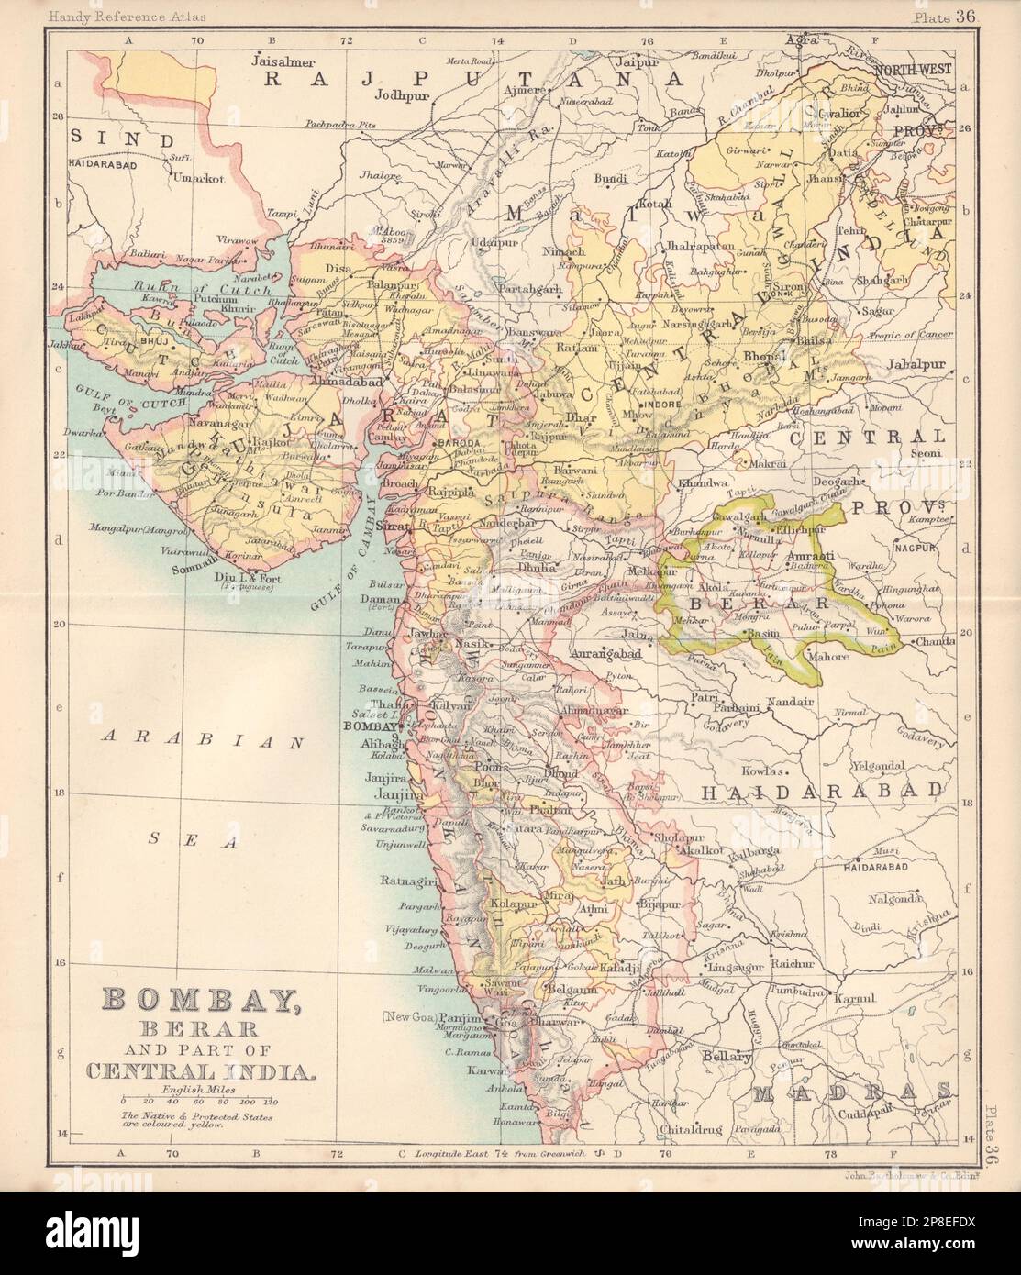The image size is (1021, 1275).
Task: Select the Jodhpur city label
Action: pos(404,94)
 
